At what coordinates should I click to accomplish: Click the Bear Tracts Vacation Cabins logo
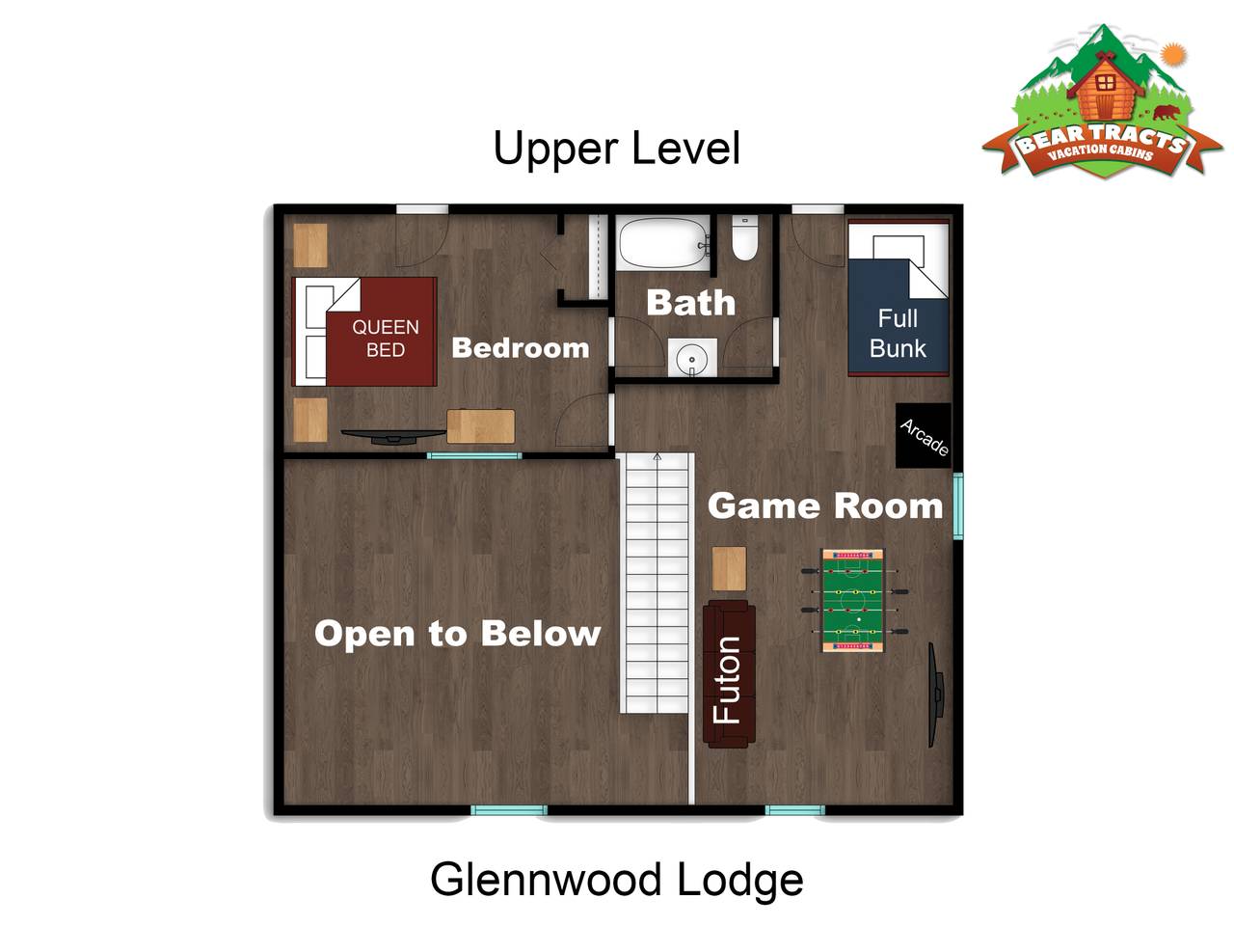pos(1101,101)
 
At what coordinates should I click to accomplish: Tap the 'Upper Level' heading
pos(616,148)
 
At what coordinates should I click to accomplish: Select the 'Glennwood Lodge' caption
pos(616,881)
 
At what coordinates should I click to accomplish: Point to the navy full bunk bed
pos(898,297)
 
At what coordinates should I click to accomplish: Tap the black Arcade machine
pos(923,435)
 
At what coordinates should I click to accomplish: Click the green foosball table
pos(853,601)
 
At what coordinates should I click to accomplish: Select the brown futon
pos(729,673)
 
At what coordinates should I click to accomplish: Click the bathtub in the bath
pos(663,243)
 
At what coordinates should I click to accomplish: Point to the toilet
pos(745,238)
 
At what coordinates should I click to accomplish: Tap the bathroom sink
pos(691,358)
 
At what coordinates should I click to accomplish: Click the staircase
pos(657,583)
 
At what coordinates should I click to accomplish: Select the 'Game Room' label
pos(824,505)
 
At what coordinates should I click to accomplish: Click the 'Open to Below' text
pos(458,633)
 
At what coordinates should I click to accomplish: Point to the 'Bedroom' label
pos(521,347)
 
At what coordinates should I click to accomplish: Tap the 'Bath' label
pos(691,303)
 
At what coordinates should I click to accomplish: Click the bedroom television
pos(393,436)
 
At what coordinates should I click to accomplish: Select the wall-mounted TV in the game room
pos(935,694)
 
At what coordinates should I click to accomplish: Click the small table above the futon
pos(729,568)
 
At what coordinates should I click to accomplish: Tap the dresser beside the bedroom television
pos(481,426)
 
